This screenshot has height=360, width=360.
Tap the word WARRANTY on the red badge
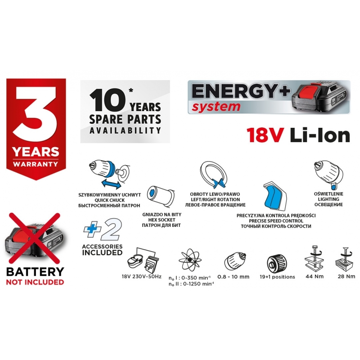coord(36,164)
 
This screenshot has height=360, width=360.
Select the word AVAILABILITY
coord(125,130)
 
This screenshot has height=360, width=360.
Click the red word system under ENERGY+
coord(216,107)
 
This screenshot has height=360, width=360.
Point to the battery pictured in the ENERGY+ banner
coord(321,98)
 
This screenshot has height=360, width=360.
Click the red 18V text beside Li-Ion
coord(265,136)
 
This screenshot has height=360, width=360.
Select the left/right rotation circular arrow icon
coord(213,175)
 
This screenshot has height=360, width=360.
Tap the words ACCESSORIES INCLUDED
coord(102,250)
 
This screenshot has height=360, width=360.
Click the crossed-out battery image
coord(35,239)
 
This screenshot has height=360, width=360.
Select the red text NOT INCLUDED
coord(35,282)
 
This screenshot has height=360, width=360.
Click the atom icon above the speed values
coord(190,260)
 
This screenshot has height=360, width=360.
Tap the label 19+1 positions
coord(277,277)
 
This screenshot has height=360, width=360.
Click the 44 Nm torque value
coord(315,276)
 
